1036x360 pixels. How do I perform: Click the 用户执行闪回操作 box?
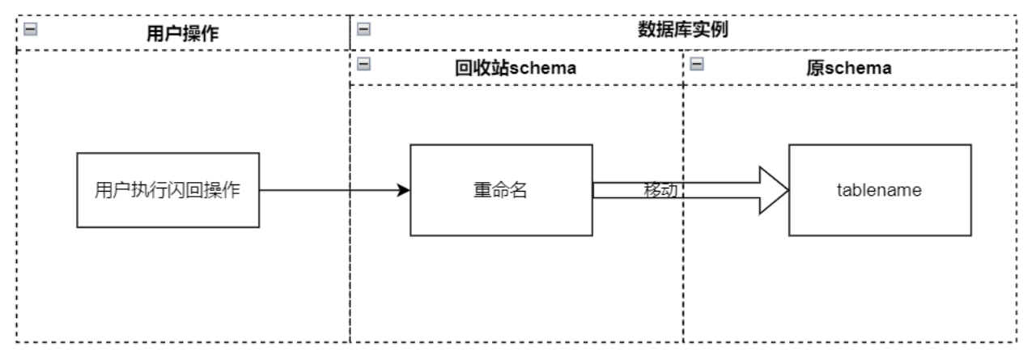point(168,190)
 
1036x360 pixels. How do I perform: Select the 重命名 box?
point(501,190)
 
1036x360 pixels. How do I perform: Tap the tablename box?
point(879,190)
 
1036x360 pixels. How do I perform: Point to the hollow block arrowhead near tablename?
point(773,190)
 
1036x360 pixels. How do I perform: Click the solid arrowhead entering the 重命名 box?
point(404,191)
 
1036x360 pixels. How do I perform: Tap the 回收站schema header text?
point(516,69)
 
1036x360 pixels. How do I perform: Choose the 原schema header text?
point(849,69)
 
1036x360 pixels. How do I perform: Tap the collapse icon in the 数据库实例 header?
point(363,29)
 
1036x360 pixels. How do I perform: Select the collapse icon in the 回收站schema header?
point(363,66)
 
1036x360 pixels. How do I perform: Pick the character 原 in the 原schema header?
point(814,69)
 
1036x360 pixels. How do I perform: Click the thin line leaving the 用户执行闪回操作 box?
point(324,191)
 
